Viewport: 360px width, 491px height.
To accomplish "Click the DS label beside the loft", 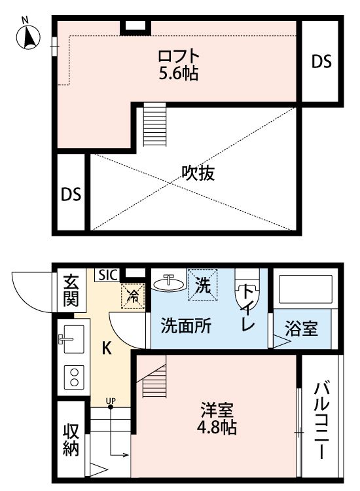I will tap(321, 62).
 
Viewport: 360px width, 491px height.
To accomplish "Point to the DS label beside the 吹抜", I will tap(71, 194).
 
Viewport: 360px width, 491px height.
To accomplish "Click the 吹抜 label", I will tap(198, 174).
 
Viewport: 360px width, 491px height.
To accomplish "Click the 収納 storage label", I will tap(71, 440).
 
